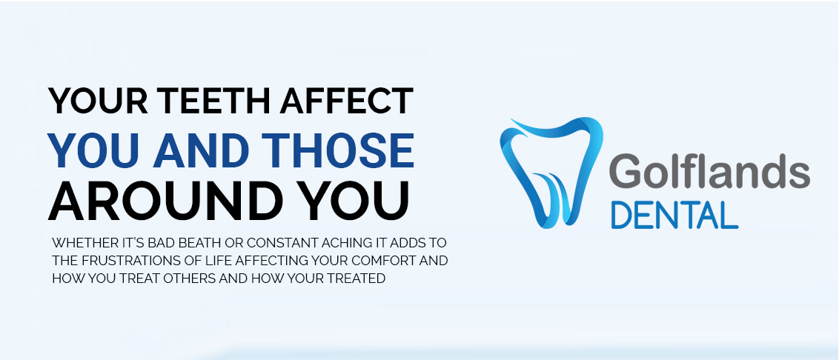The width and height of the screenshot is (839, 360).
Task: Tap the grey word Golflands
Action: coord(709,170)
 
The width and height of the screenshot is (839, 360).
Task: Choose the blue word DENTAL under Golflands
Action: coord(674,215)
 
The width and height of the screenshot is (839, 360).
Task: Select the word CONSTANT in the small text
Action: coord(282,243)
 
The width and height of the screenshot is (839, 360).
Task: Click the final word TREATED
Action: coord(361,279)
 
